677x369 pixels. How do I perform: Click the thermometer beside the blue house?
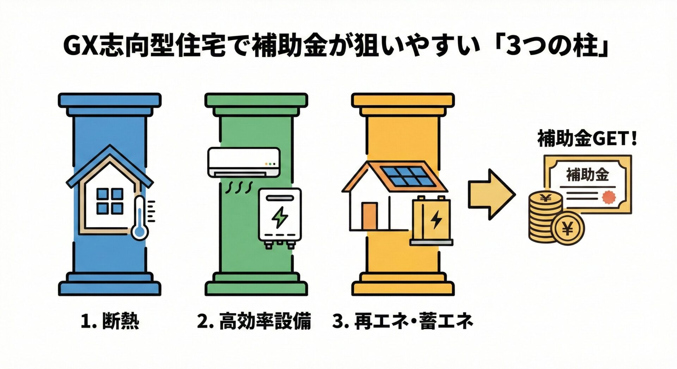coord(141,218)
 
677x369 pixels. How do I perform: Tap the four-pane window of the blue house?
coord(110,202)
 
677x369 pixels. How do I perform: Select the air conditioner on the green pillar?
coord(244,162)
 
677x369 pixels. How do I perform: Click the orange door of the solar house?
coord(369,216)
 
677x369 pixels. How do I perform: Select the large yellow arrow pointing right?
coord(492,195)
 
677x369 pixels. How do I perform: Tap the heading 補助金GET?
coord(587,139)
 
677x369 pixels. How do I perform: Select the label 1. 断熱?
coord(110,321)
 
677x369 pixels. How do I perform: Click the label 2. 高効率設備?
coord(254,321)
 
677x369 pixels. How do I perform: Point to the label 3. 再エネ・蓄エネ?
coord(402,321)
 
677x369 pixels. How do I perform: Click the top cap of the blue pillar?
coord(110,104)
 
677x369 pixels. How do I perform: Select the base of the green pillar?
coord(256,284)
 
